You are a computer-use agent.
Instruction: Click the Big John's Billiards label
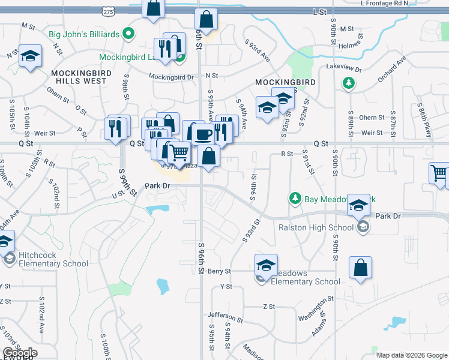pyautogui.click(x=85, y=34)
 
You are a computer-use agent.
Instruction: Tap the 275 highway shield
pyautogui.click(x=108, y=11)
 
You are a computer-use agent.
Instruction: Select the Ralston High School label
pyautogui.click(x=316, y=227)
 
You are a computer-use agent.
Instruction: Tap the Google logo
pyautogui.click(x=19, y=353)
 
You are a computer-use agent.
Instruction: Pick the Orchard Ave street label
pyautogui.click(x=392, y=71)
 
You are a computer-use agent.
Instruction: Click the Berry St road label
pyautogui.click(x=220, y=271)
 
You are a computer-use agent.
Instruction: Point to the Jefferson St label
pyautogui.click(x=225, y=315)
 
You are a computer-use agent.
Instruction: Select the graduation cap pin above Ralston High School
pyautogui.click(x=359, y=206)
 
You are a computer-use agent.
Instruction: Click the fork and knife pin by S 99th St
pyautogui.click(x=116, y=128)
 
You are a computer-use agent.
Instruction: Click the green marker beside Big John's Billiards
pyautogui.click(x=127, y=34)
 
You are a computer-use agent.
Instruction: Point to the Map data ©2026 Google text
pyautogui.click(x=412, y=355)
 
